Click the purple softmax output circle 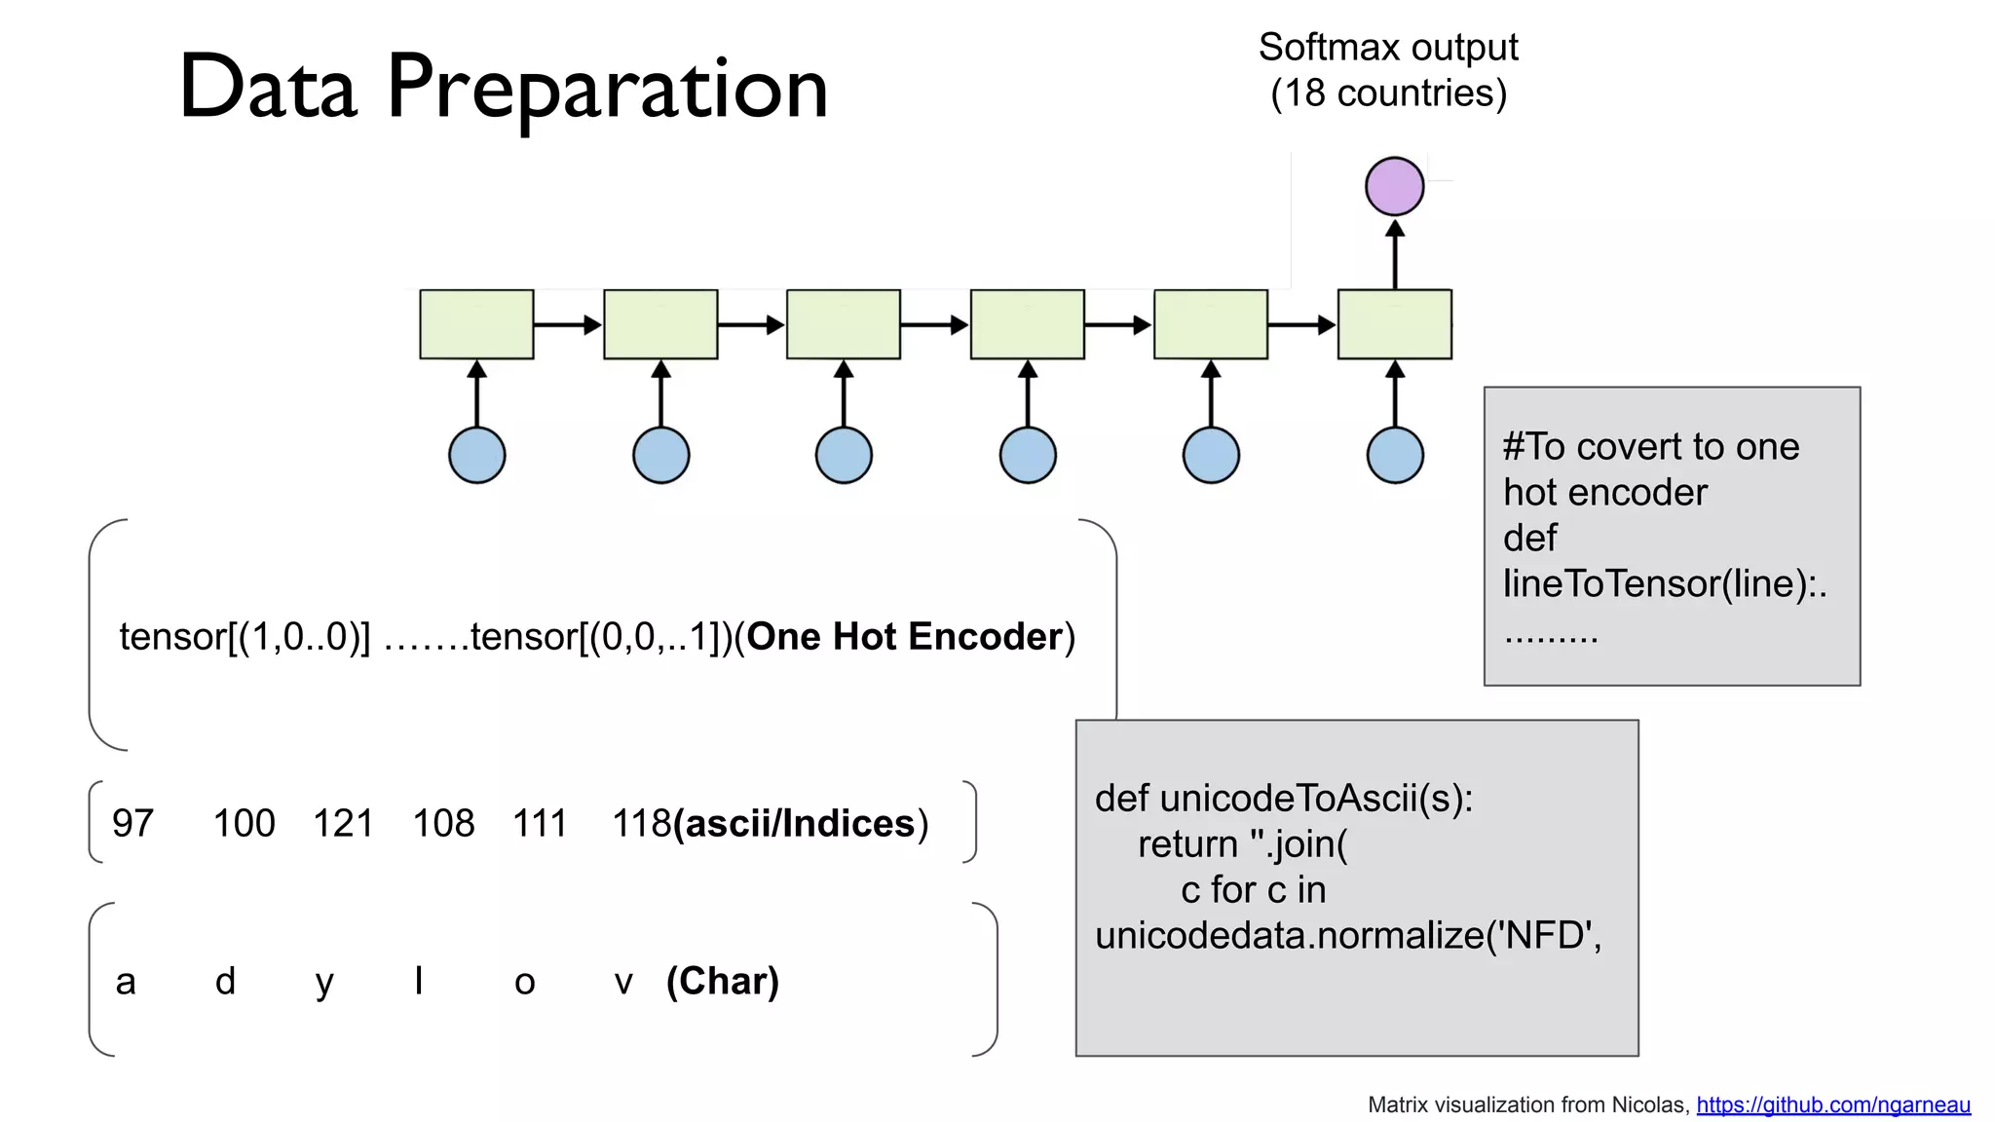tap(1394, 186)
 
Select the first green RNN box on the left tap(476, 324)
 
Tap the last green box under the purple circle tap(1394, 324)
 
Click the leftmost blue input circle tap(476, 455)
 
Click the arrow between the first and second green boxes tap(568, 324)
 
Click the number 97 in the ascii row tap(132, 824)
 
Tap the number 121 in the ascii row tap(343, 824)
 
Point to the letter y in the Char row tap(324, 982)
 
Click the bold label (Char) tap(722, 981)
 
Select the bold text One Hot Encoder tap(904, 637)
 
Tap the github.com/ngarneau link tap(1832, 1105)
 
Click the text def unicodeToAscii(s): tap(1283, 799)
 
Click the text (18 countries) tap(1388, 93)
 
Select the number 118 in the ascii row tap(640, 824)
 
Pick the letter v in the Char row tap(623, 982)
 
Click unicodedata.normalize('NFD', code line tap(1347, 936)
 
